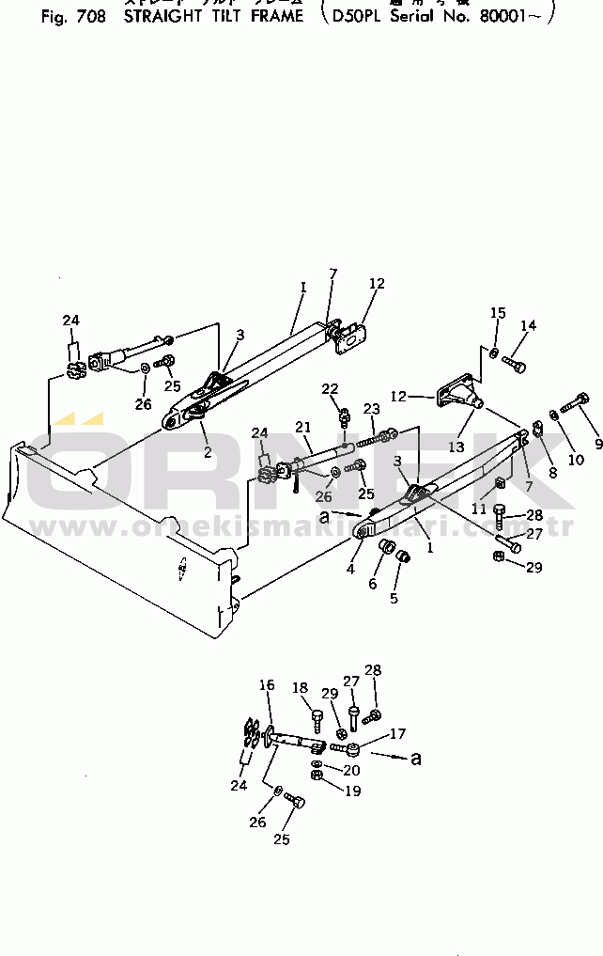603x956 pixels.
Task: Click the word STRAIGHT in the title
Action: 163,16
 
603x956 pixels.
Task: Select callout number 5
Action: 394,595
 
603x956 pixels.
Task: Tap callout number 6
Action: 372,583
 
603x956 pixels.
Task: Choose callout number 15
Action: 498,312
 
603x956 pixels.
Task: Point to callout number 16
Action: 267,685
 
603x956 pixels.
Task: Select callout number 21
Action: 301,427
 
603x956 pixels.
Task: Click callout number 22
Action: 330,388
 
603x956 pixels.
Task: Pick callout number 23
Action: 372,409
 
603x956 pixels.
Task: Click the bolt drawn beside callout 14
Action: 515,360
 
